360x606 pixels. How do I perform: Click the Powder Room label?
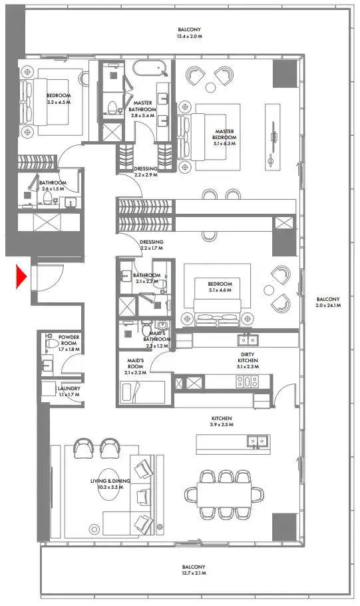(69, 343)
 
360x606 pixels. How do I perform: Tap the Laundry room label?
(69, 392)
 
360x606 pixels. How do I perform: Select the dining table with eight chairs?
(225, 494)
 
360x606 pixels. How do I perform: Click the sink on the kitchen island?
(256, 440)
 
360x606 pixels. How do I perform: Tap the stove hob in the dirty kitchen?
(248, 382)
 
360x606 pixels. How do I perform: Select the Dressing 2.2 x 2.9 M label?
(146, 172)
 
